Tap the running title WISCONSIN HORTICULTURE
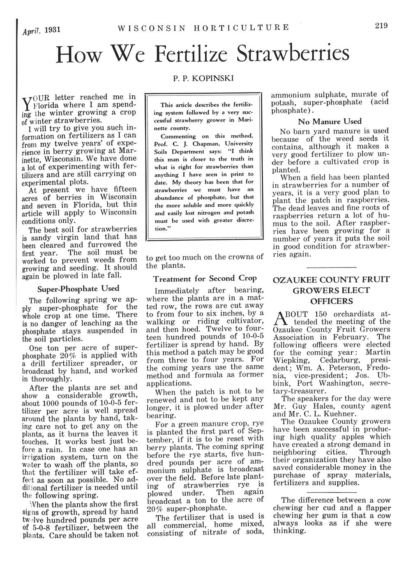pos(203,28)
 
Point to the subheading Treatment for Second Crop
pos(205,279)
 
